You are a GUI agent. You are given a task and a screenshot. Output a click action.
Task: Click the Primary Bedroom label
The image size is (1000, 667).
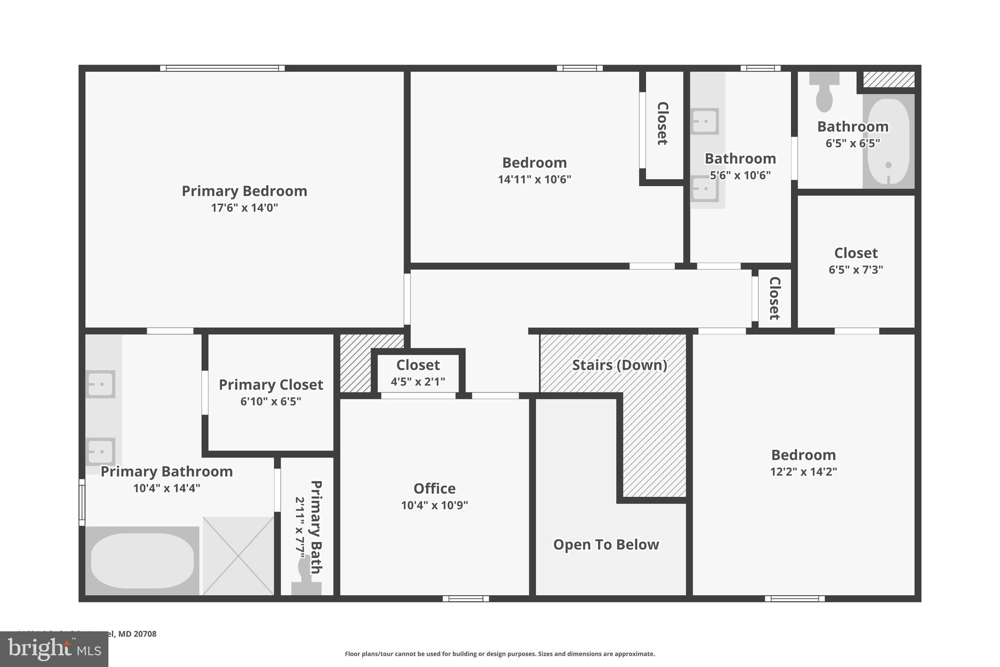point(244,191)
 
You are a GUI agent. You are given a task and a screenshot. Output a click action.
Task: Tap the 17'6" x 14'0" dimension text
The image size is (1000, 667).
point(244,208)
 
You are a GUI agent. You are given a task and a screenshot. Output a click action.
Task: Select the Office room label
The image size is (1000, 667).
point(434,489)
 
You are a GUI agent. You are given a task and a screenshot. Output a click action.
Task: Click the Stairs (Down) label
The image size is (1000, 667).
point(619,365)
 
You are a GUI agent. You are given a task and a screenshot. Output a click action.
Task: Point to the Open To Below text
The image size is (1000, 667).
point(605,544)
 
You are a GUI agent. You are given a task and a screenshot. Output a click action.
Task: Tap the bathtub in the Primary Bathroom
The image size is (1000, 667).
point(142,561)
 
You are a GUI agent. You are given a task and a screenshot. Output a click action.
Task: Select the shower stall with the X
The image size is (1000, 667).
point(238,556)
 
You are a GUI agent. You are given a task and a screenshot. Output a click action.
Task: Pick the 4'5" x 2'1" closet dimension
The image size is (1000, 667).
point(417,382)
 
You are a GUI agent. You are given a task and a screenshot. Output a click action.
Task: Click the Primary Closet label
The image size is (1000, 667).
point(271,385)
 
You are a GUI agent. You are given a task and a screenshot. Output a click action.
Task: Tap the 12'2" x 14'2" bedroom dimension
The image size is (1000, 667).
point(803,472)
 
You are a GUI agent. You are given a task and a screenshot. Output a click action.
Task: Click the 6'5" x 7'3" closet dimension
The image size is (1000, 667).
point(855,270)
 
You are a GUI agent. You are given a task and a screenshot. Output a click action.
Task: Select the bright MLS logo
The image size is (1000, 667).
point(54,649)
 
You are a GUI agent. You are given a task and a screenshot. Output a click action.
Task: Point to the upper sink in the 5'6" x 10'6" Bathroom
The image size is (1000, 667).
point(705,121)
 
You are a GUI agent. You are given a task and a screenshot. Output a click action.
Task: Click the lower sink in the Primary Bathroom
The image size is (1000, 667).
point(101,451)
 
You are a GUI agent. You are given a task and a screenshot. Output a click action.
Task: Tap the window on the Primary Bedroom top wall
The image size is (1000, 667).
point(222,68)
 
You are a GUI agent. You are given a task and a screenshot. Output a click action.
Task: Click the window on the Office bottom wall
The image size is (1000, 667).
point(465,599)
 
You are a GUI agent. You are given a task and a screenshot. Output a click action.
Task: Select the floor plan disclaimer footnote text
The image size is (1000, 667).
point(500,654)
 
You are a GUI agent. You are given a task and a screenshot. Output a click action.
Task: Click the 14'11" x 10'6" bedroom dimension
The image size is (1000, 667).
point(534,180)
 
